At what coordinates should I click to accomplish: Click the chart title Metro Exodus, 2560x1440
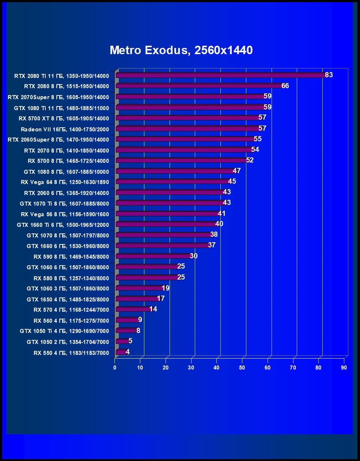tap(181, 50)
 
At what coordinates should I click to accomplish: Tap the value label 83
tap(329, 75)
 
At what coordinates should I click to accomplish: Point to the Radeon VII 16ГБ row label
tap(65, 129)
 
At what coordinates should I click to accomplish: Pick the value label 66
tap(285, 86)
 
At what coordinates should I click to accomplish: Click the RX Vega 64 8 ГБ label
tap(65, 182)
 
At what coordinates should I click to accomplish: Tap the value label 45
tap(232, 181)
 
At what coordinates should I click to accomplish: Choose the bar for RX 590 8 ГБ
tap(153, 256)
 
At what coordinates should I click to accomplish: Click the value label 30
tap(194, 256)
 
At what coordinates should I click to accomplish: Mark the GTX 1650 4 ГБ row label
tap(68, 299)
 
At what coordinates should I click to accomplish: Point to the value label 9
tap(140, 319)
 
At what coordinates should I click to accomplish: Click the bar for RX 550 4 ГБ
tap(121, 352)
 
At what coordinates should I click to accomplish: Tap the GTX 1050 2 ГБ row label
tap(68, 342)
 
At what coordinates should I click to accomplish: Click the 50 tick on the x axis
tap(242, 367)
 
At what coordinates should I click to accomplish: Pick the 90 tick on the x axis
tap(344, 367)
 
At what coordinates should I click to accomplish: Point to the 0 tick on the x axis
tap(115, 367)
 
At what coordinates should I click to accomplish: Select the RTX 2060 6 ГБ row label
tap(67, 193)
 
